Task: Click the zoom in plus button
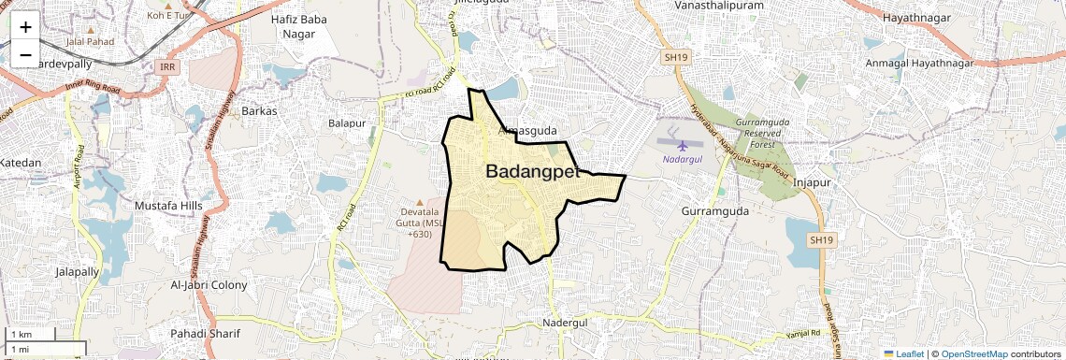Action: tap(25, 26)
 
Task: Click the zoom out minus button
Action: tap(25, 55)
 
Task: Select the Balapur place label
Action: tap(346, 123)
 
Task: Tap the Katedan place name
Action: tap(21, 163)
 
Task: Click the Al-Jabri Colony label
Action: tap(209, 284)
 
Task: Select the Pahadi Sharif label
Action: tap(205, 334)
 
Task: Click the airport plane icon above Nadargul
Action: tap(683, 144)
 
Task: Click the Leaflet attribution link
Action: tap(903, 353)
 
